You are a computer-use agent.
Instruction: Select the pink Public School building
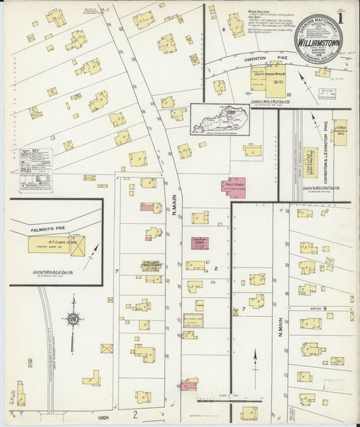[x=233, y=186]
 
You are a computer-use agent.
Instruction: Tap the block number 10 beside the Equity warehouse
[x=288, y=95]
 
